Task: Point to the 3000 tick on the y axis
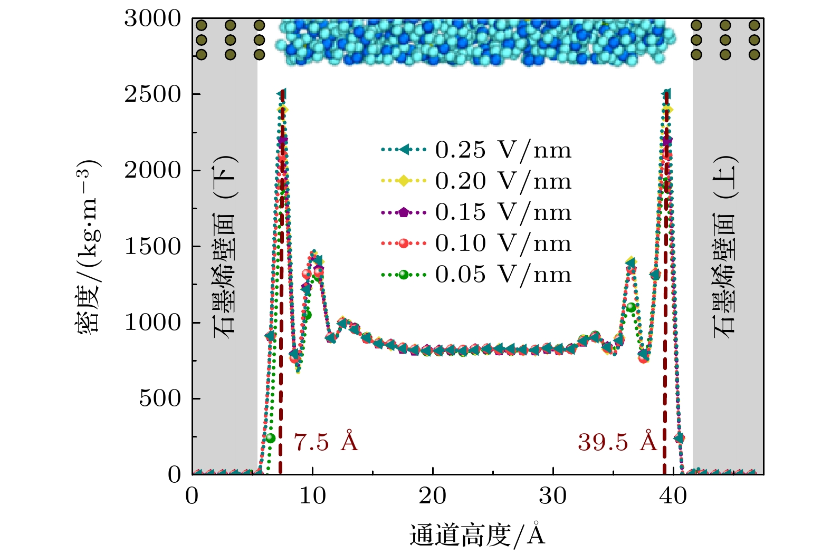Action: click(152, 19)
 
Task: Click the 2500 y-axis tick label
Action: click(152, 95)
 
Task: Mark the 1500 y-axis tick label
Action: click(152, 247)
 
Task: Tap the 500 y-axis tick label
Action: click(160, 398)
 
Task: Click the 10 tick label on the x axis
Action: click(312, 496)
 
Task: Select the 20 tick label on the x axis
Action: click(433, 496)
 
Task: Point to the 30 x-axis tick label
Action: click(553, 496)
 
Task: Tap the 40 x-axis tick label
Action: click(673, 496)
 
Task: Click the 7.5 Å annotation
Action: click(326, 442)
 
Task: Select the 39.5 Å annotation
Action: click(617, 442)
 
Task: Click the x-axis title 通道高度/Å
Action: click(477, 535)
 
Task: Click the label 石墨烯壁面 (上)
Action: click(725, 247)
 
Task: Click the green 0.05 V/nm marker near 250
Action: click(270, 438)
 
